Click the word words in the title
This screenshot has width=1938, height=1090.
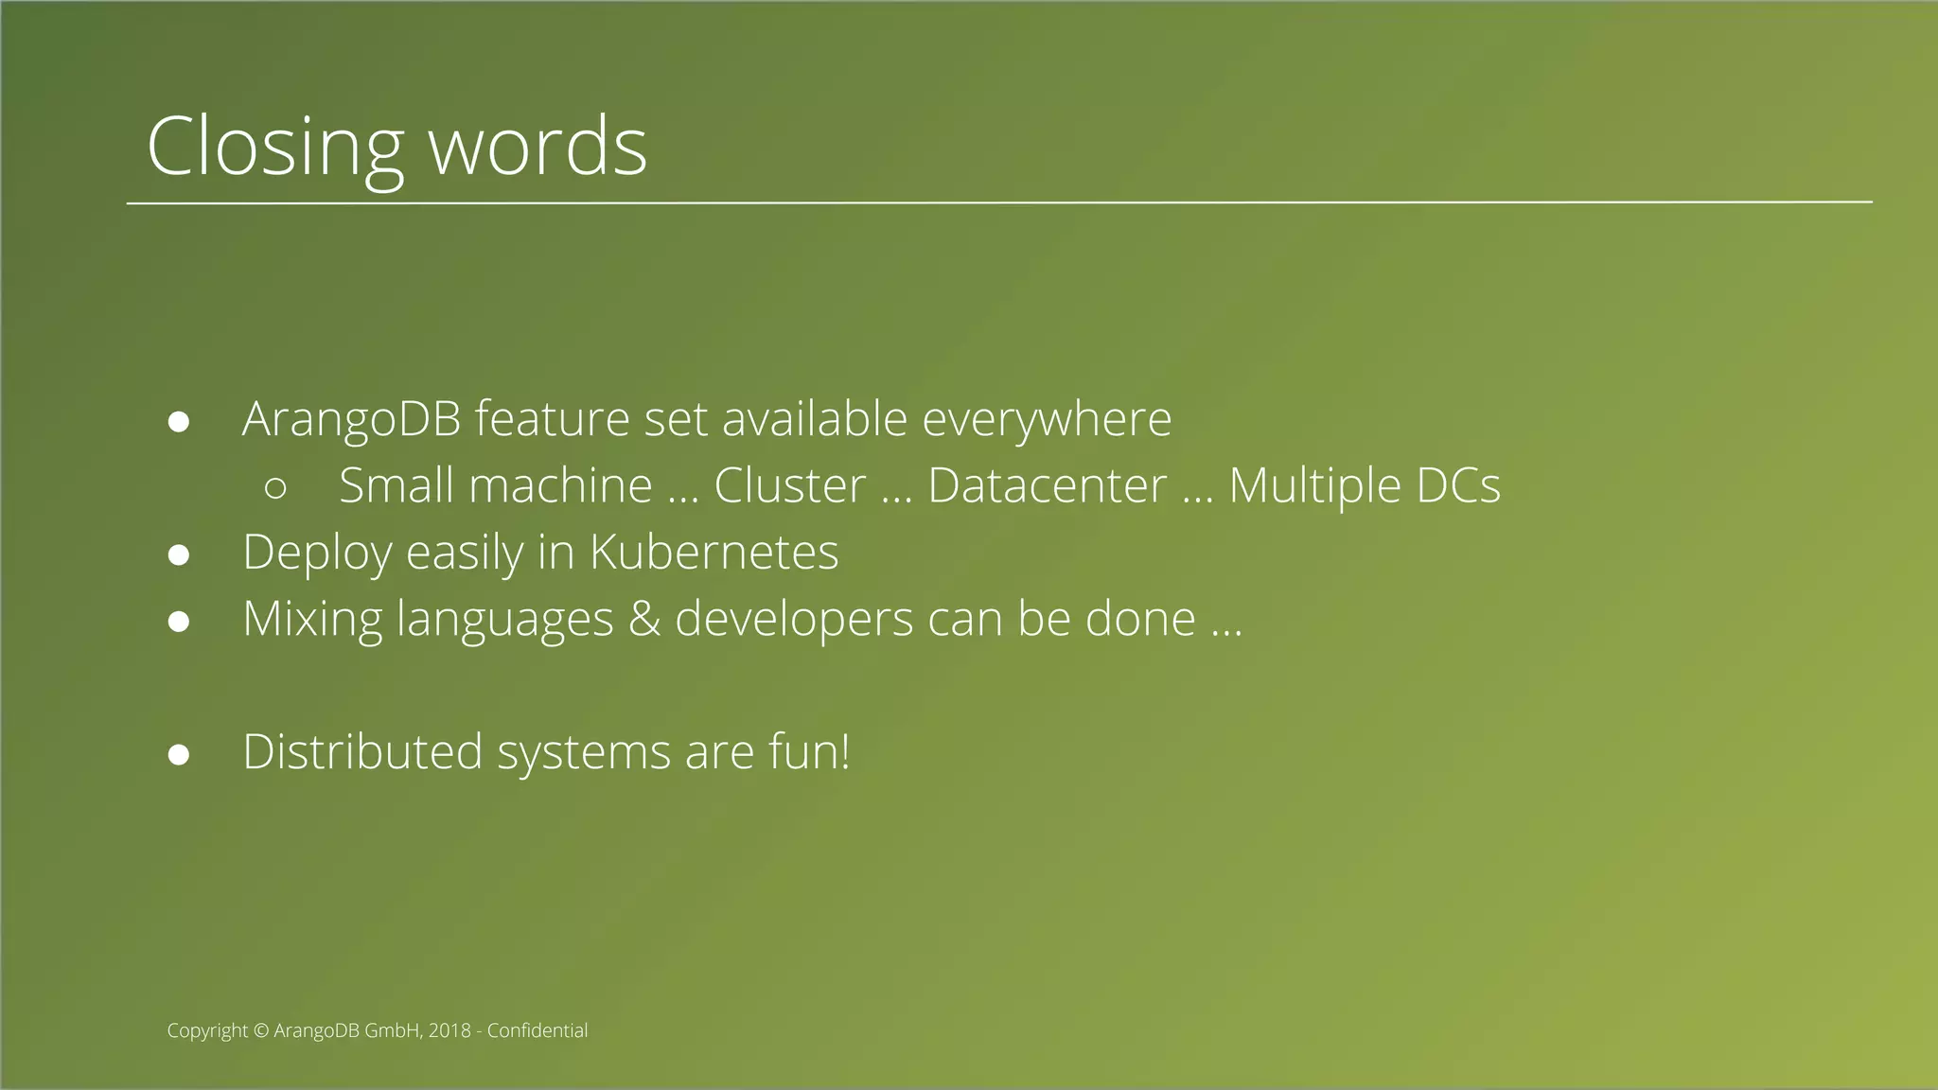tap(537, 147)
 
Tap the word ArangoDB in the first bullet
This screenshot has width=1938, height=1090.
tap(351, 419)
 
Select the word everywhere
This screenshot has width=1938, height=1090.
tap(1047, 419)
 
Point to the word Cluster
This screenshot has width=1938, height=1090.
tap(789, 486)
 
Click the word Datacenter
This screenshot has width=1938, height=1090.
tap(1047, 486)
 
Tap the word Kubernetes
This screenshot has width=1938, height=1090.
tap(714, 553)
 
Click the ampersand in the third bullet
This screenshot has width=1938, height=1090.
tap(643, 620)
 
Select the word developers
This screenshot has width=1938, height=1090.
tap(794, 620)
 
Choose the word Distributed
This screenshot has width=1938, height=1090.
tap(362, 752)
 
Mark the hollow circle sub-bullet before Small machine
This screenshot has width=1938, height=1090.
tap(275, 488)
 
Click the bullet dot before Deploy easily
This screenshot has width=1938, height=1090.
tap(179, 555)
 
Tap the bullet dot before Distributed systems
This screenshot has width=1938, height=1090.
tap(179, 755)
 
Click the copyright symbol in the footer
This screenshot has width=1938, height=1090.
tap(261, 1031)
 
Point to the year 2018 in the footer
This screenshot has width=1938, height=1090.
tap(449, 1031)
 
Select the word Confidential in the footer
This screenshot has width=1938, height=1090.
tap(537, 1031)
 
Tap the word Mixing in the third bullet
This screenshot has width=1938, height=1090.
tap(312, 620)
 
